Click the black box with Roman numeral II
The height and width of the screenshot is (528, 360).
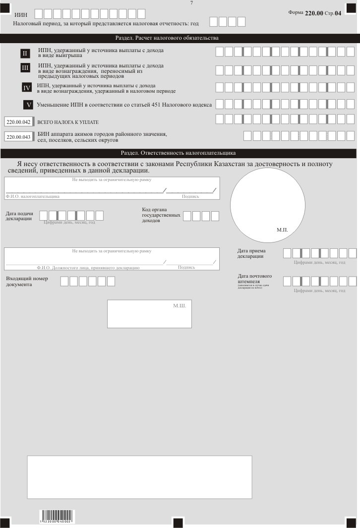coord(25,53)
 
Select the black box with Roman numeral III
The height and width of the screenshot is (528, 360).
coord(25,68)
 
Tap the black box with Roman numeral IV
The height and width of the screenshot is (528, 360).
coord(27,88)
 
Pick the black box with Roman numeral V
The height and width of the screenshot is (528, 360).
coord(29,105)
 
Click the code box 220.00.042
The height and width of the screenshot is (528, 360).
coord(18,121)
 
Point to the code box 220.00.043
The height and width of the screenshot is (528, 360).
coord(18,137)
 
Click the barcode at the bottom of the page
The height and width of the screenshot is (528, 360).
coord(55,517)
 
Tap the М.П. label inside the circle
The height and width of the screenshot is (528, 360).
coord(282,231)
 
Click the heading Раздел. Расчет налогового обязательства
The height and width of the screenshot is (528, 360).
coord(167,38)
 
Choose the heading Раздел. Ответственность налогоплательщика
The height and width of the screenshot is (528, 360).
coord(178,153)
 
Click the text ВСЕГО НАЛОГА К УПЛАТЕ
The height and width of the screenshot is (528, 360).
coord(64,122)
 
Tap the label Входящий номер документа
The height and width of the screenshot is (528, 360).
coord(27,282)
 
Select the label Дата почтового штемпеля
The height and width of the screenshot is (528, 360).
coord(255,279)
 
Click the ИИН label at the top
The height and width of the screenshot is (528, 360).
coord(21,15)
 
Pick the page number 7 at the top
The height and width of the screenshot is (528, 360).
coord(191,3)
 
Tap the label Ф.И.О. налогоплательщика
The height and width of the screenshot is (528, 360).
coord(32,196)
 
